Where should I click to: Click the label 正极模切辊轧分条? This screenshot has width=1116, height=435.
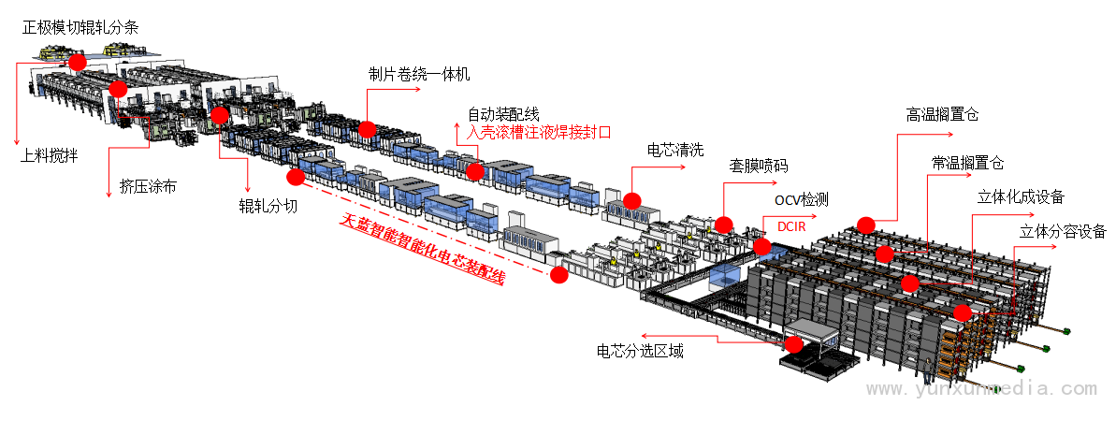[x=80, y=28]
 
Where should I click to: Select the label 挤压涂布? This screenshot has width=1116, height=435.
[x=148, y=187]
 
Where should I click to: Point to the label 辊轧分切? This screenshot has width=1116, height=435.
[x=268, y=207]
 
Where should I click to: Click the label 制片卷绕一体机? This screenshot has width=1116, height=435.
[x=419, y=74]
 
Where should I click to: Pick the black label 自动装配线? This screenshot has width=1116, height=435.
[x=503, y=114]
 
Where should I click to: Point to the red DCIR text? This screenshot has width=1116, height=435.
[x=792, y=227]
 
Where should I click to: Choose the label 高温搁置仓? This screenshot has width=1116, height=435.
[x=942, y=115]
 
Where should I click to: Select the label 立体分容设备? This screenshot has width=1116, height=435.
[x=1064, y=231]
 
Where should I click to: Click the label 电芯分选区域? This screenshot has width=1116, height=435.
[x=640, y=351]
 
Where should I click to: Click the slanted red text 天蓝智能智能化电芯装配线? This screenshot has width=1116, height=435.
[x=423, y=249]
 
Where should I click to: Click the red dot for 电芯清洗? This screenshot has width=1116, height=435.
[x=632, y=201]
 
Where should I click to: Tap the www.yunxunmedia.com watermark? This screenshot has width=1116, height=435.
[x=981, y=389]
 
